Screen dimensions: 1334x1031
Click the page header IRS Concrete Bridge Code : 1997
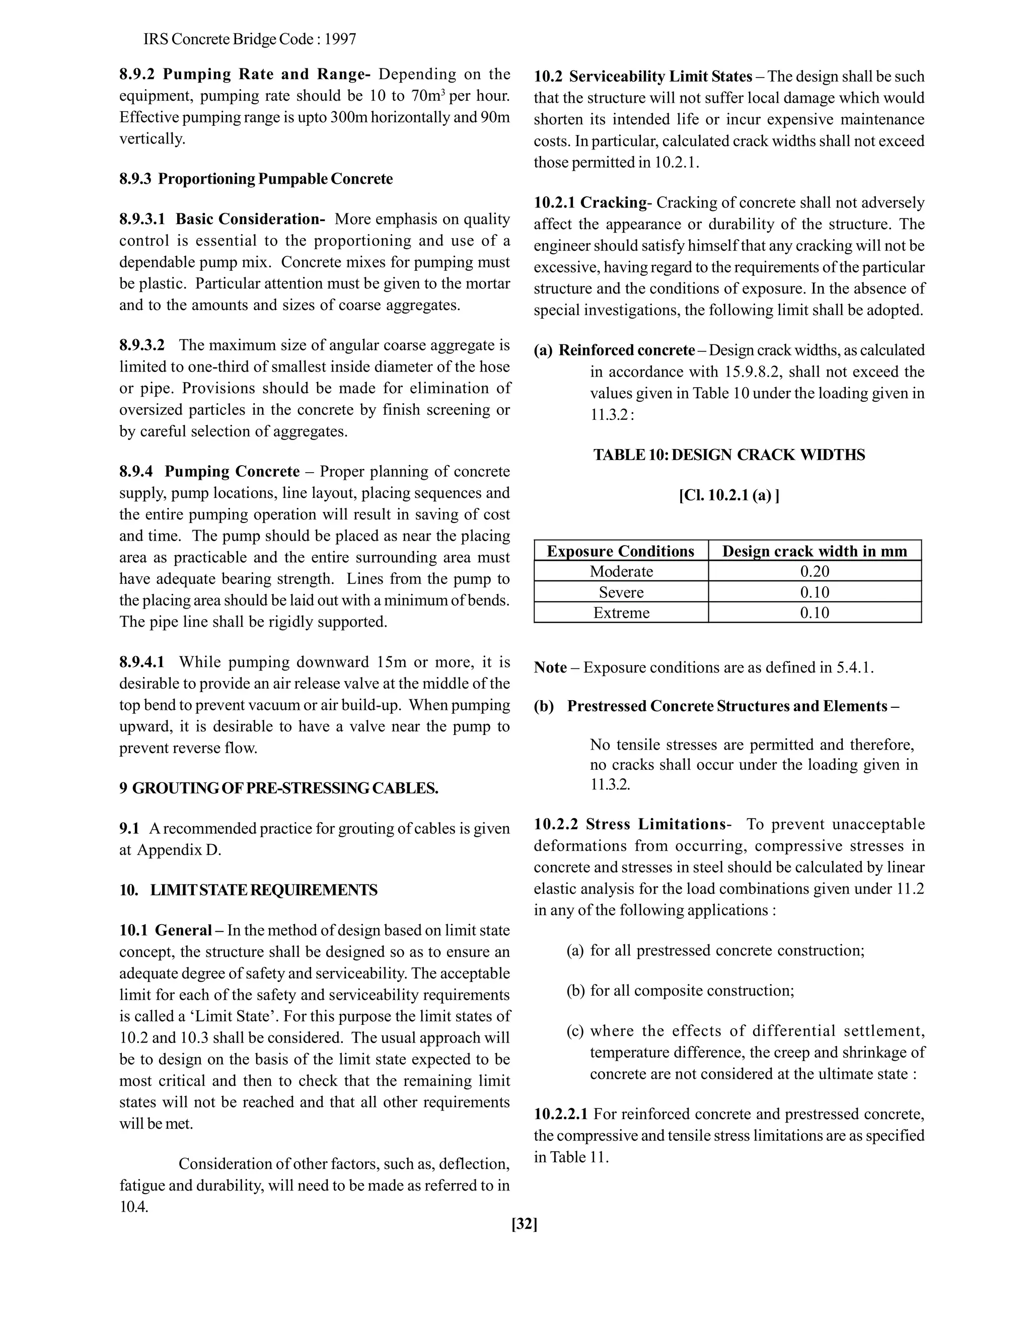249,39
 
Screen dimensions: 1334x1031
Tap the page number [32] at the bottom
525,1223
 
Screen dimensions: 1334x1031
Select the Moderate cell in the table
621,571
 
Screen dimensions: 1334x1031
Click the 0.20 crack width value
815,571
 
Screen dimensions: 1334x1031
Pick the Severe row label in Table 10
621,592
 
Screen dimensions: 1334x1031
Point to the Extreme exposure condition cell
621,613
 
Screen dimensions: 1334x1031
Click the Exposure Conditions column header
621,551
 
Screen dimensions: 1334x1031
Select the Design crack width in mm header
815,551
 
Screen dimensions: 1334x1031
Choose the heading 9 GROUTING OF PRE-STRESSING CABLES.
278,788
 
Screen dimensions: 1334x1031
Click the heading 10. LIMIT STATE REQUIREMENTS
249,890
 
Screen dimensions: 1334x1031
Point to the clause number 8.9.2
137,75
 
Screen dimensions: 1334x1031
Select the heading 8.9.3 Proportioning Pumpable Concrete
256,179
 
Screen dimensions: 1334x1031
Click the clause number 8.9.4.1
141,662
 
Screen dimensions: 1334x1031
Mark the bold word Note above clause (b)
550,667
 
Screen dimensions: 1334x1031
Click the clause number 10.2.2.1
561,1114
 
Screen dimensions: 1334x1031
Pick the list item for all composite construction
692,990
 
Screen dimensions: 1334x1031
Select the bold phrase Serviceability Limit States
661,77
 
